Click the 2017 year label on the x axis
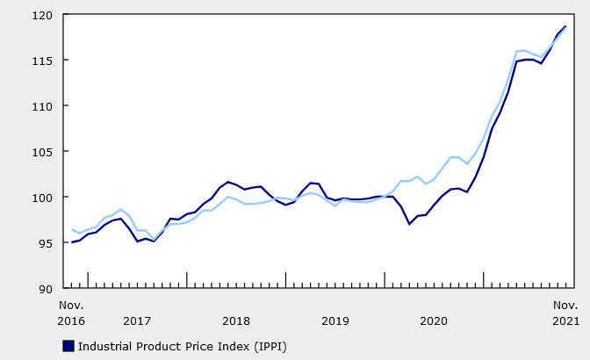point(137,321)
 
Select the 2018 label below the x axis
point(236,321)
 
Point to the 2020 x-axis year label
point(434,321)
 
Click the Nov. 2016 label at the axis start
point(72,313)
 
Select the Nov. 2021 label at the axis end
point(565,313)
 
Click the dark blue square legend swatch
point(68,346)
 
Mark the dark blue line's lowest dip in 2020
point(410,224)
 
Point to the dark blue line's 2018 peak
point(228,182)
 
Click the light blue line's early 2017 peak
point(121,209)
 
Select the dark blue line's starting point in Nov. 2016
point(72,241)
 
